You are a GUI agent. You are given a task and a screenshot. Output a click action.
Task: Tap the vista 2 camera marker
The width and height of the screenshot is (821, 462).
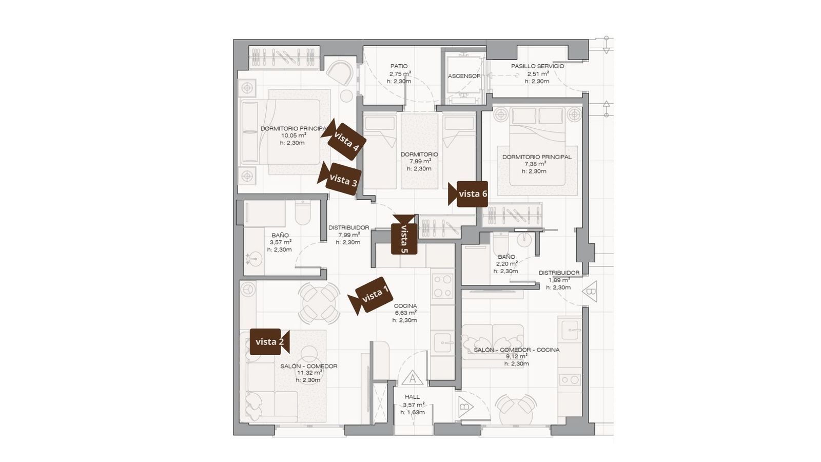269,342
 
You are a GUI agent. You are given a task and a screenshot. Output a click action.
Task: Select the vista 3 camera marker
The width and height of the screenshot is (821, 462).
339,179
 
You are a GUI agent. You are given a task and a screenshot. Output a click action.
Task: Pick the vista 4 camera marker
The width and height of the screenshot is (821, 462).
343,139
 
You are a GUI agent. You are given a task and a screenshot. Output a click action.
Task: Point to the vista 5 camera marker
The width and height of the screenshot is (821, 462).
404,235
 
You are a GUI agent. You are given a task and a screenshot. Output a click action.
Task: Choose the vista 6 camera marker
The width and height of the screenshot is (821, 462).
468,194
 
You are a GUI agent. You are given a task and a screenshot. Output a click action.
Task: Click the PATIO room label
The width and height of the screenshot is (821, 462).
399,66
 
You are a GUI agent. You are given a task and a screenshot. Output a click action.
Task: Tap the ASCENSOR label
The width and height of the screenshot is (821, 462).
464,76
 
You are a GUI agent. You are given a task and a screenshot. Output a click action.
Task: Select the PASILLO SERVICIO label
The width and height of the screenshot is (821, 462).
537,66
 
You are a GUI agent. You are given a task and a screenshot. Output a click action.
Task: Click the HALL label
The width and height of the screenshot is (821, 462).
413,397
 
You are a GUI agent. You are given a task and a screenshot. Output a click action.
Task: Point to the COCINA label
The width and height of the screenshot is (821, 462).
405,306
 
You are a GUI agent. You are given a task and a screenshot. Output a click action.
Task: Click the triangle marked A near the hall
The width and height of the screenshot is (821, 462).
413,377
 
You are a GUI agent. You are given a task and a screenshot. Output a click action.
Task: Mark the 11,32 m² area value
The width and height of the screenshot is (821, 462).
310,373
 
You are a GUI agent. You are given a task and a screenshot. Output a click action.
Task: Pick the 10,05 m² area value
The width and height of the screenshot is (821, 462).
294,136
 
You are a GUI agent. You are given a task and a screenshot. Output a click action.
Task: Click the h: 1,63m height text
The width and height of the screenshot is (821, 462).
413,412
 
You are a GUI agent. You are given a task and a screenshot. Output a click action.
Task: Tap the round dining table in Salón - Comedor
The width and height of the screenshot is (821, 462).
319,303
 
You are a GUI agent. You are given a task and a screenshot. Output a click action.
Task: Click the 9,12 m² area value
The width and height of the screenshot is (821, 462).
516,356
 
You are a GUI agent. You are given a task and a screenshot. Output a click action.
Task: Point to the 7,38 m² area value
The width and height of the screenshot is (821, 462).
535,164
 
